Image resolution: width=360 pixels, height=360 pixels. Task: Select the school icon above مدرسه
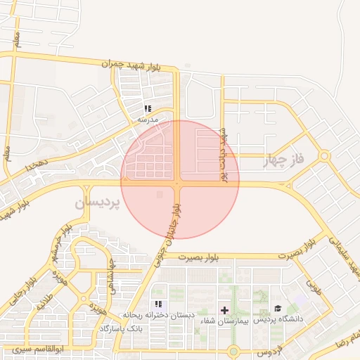coord(148,108)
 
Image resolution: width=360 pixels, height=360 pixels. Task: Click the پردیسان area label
coord(97,202)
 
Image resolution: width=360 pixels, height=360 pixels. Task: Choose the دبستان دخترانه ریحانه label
coord(159,315)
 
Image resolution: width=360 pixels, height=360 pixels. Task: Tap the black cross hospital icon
coord(224,309)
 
